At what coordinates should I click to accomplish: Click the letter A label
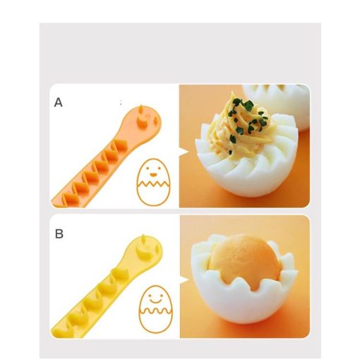(59, 102)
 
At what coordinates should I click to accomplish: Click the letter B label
(59, 234)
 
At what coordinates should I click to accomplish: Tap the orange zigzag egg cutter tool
(106, 157)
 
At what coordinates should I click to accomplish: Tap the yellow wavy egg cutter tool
(107, 287)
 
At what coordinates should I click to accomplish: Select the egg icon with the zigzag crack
(153, 182)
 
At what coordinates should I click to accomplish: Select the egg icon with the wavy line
(155, 309)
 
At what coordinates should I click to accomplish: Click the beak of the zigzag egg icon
(153, 175)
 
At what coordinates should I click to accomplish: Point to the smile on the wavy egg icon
(155, 301)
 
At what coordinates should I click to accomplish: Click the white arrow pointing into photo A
(184, 152)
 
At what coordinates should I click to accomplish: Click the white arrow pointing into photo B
(185, 280)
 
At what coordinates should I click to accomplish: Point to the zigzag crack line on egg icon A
(153, 184)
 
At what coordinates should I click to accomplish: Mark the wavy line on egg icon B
(155, 311)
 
